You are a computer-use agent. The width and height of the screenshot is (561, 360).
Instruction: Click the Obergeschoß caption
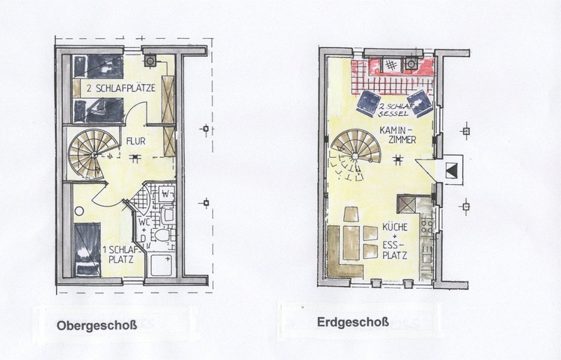pyautogui.click(x=96, y=326)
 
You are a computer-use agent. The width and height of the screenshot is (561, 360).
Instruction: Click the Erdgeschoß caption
pyautogui.click(x=353, y=322)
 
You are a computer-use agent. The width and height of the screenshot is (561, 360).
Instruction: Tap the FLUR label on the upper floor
pyautogui.click(x=136, y=141)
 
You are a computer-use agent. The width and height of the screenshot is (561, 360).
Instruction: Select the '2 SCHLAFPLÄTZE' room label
pyautogui.click(x=121, y=88)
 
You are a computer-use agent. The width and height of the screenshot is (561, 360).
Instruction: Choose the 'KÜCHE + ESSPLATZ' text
pyautogui.click(x=395, y=241)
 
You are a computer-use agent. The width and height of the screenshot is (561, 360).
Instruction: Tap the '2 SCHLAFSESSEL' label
pyautogui.click(x=393, y=110)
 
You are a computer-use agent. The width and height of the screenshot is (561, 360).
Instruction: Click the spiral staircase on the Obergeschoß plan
pyautogui.click(x=93, y=154)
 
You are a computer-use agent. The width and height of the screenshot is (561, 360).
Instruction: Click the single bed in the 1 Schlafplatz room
pyautogui.click(x=88, y=249)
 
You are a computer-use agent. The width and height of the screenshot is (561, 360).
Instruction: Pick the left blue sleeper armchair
pyautogui.click(x=370, y=103)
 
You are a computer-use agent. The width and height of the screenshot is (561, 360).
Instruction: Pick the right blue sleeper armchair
pyautogui.click(x=420, y=103)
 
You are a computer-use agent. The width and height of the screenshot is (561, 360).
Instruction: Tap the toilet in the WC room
pyautogui.click(x=164, y=235)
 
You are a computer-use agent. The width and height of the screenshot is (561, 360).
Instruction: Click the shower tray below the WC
pyautogui.click(x=161, y=265)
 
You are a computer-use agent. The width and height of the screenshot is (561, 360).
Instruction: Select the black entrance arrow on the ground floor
pyautogui.click(x=452, y=170)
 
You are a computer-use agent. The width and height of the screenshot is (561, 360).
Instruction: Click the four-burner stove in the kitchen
pyautogui.click(x=427, y=226)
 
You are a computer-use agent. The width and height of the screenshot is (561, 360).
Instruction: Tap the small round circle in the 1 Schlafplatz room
pyautogui.click(x=79, y=211)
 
